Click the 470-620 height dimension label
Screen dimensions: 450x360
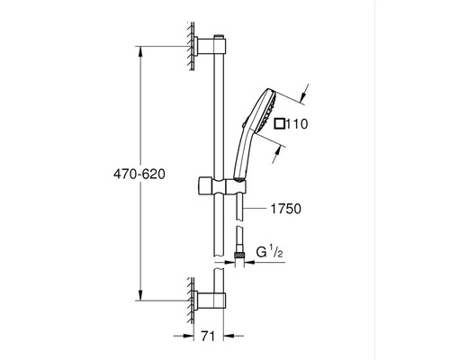pyautogui.click(x=139, y=174)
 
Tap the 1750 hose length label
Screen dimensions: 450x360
pyautogui.click(x=285, y=209)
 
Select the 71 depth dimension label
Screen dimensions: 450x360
pyautogui.click(x=208, y=337)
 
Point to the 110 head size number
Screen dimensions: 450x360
pyautogui.click(x=296, y=124)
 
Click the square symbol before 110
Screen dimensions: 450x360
pyautogui.click(x=280, y=124)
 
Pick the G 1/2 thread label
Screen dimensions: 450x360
pyautogui.click(x=269, y=252)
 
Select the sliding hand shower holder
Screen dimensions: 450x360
pyautogui.click(x=222, y=186)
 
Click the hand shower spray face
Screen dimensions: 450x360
pyautogui.click(x=270, y=110)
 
